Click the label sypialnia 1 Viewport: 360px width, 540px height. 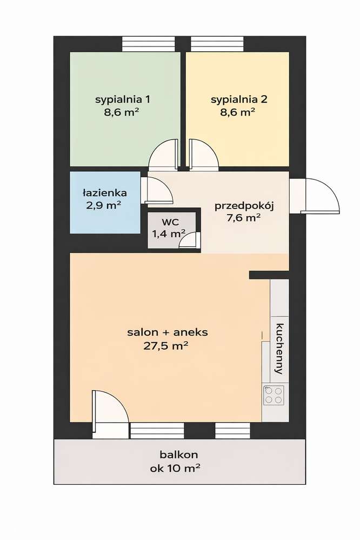[x=123, y=99]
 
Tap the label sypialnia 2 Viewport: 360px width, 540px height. [x=239, y=99]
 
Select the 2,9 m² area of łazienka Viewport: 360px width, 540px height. [x=105, y=205]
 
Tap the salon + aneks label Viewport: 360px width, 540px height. [x=167, y=332]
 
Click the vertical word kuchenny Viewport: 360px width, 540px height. [x=279, y=349]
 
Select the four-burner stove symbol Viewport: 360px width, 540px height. [x=274, y=395]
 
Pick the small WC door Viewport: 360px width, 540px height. [x=189, y=239]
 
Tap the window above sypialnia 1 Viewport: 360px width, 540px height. [x=149, y=43]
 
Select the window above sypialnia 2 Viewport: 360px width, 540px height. [x=217, y=43]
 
